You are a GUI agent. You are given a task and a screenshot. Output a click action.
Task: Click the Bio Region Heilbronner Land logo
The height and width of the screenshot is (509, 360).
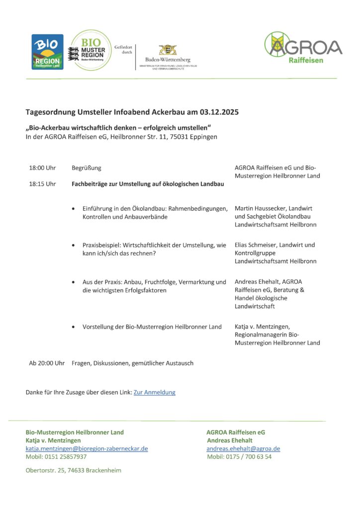(x=47, y=52)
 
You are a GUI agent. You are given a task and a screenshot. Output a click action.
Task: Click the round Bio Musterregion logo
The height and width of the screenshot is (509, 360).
(x=91, y=51)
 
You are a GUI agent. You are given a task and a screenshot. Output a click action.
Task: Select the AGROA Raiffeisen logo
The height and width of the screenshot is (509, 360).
(x=303, y=48)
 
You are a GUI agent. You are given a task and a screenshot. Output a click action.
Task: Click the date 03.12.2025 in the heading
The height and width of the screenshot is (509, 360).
(x=219, y=112)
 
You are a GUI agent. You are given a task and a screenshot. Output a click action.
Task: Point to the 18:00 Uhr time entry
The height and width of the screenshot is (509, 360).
(x=42, y=168)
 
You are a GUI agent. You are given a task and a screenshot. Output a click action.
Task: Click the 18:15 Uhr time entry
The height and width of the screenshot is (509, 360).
(x=42, y=184)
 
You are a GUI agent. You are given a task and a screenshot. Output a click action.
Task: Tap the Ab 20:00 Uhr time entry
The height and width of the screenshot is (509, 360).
(x=47, y=363)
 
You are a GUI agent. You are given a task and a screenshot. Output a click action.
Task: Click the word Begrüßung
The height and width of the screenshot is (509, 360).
(x=87, y=168)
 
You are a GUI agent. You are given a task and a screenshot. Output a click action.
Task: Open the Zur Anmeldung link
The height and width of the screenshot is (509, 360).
(x=154, y=392)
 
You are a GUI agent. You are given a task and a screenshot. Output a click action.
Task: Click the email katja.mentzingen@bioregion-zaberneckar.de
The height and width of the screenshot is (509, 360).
(x=87, y=448)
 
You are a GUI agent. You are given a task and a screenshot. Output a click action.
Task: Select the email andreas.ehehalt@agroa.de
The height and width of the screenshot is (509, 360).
(x=243, y=448)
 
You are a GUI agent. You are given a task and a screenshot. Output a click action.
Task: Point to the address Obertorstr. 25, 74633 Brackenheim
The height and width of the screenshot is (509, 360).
(x=73, y=470)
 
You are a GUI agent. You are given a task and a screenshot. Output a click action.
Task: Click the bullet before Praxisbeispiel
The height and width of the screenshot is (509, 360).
(x=74, y=246)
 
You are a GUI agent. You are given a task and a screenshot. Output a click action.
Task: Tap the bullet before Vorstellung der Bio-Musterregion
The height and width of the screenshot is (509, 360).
(x=74, y=327)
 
